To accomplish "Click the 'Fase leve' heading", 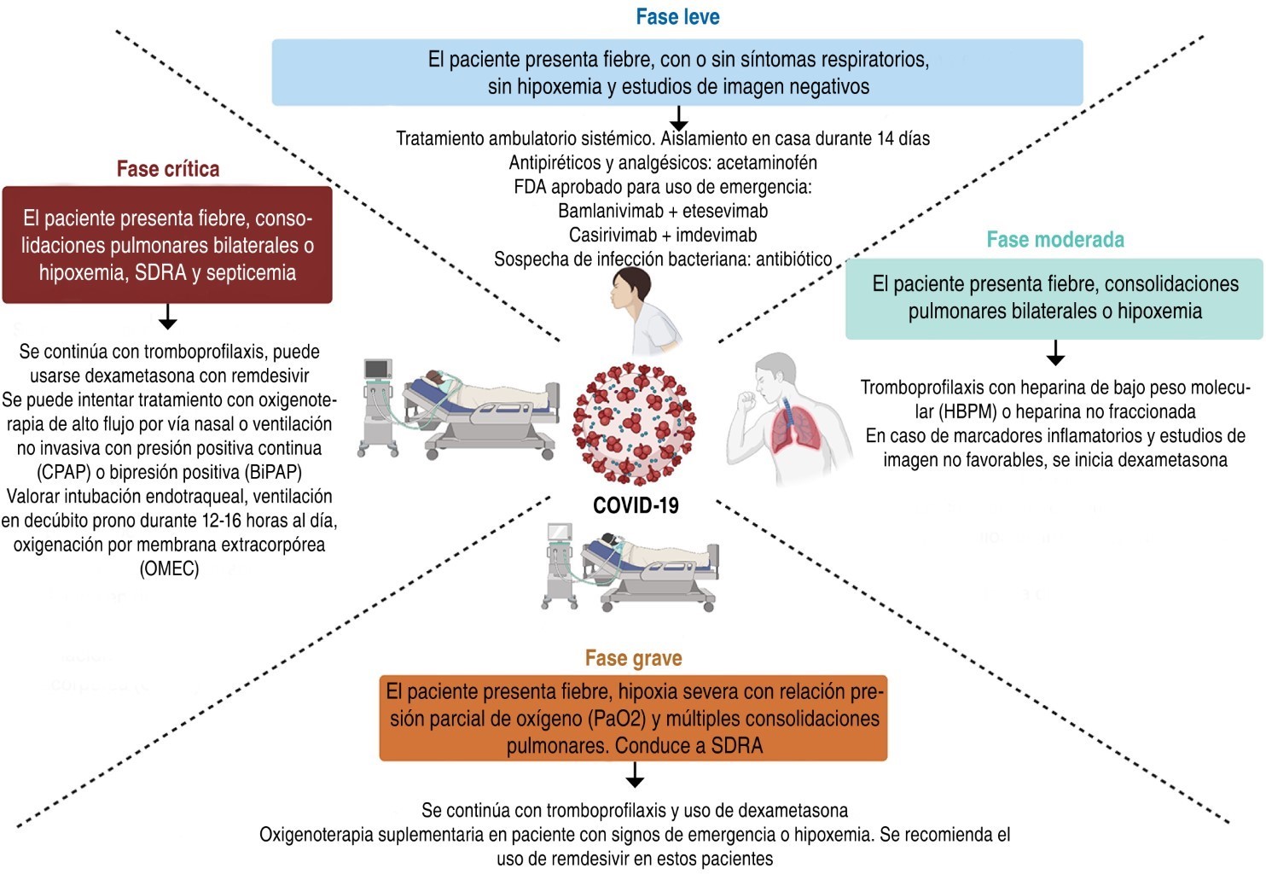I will tap(677, 17).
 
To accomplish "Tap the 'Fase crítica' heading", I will tap(168, 169).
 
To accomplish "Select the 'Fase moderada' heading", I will tap(1055, 240).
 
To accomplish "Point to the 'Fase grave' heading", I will tap(633, 658).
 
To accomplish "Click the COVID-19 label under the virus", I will tap(636, 505).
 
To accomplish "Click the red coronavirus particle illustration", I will tap(634, 423).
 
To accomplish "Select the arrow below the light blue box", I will tap(678, 119).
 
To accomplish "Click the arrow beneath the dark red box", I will tap(168, 318).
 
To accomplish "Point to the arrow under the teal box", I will tap(1055, 353).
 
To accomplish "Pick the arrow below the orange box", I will tap(634, 775).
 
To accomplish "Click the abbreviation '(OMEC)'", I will tap(169, 568).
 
